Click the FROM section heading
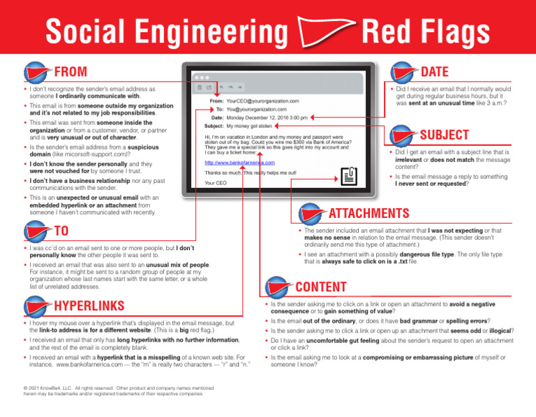click(x=70, y=71)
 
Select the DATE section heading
click(x=435, y=71)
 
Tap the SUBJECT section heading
click(x=444, y=134)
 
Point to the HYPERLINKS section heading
click(x=89, y=305)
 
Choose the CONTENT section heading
click(x=321, y=286)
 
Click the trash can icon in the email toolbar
click(x=200, y=88)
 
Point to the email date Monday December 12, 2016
click(x=267, y=118)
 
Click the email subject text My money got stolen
click(x=251, y=126)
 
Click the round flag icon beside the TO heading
click(x=35, y=231)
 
